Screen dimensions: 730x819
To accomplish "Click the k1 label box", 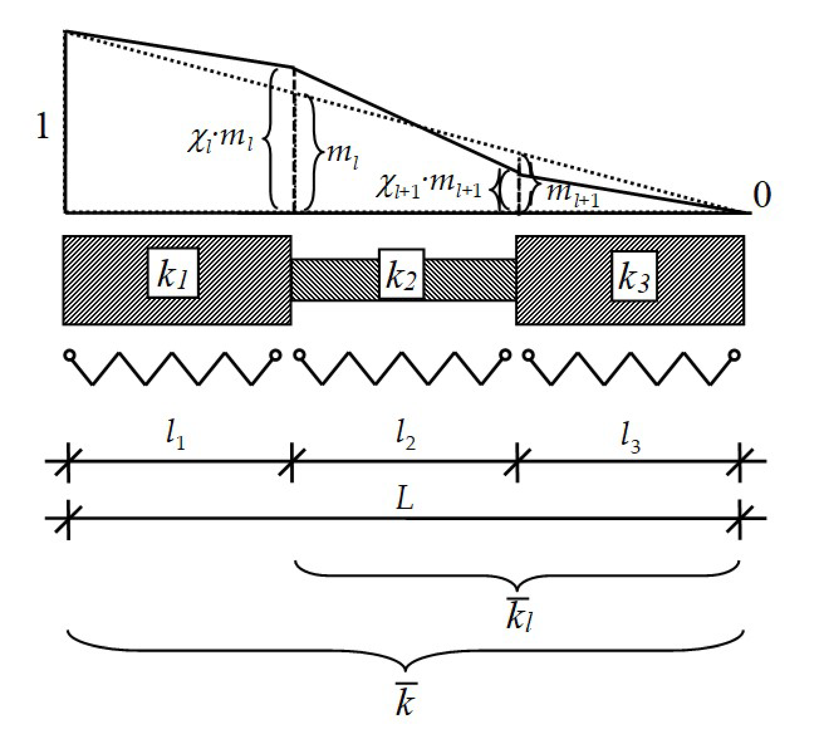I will click(x=173, y=273).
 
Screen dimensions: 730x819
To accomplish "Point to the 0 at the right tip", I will click(x=762, y=195).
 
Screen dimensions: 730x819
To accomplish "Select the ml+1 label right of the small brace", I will click(x=573, y=194).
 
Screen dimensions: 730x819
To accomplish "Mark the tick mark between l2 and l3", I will click(x=517, y=462).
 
